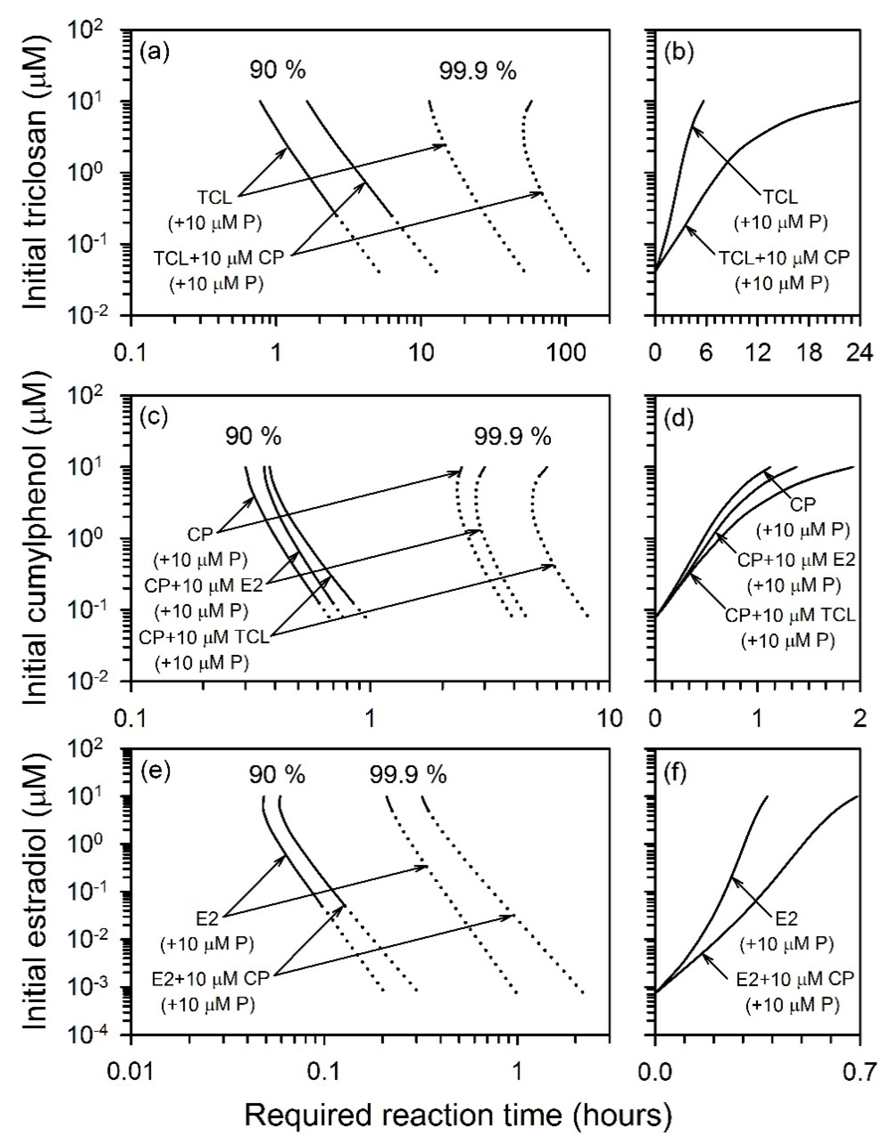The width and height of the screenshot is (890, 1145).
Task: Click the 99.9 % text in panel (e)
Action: pyautogui.click(x=408, y=774)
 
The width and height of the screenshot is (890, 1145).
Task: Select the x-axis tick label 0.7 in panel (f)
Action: pyautogui.click(x=858, y=1071)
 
